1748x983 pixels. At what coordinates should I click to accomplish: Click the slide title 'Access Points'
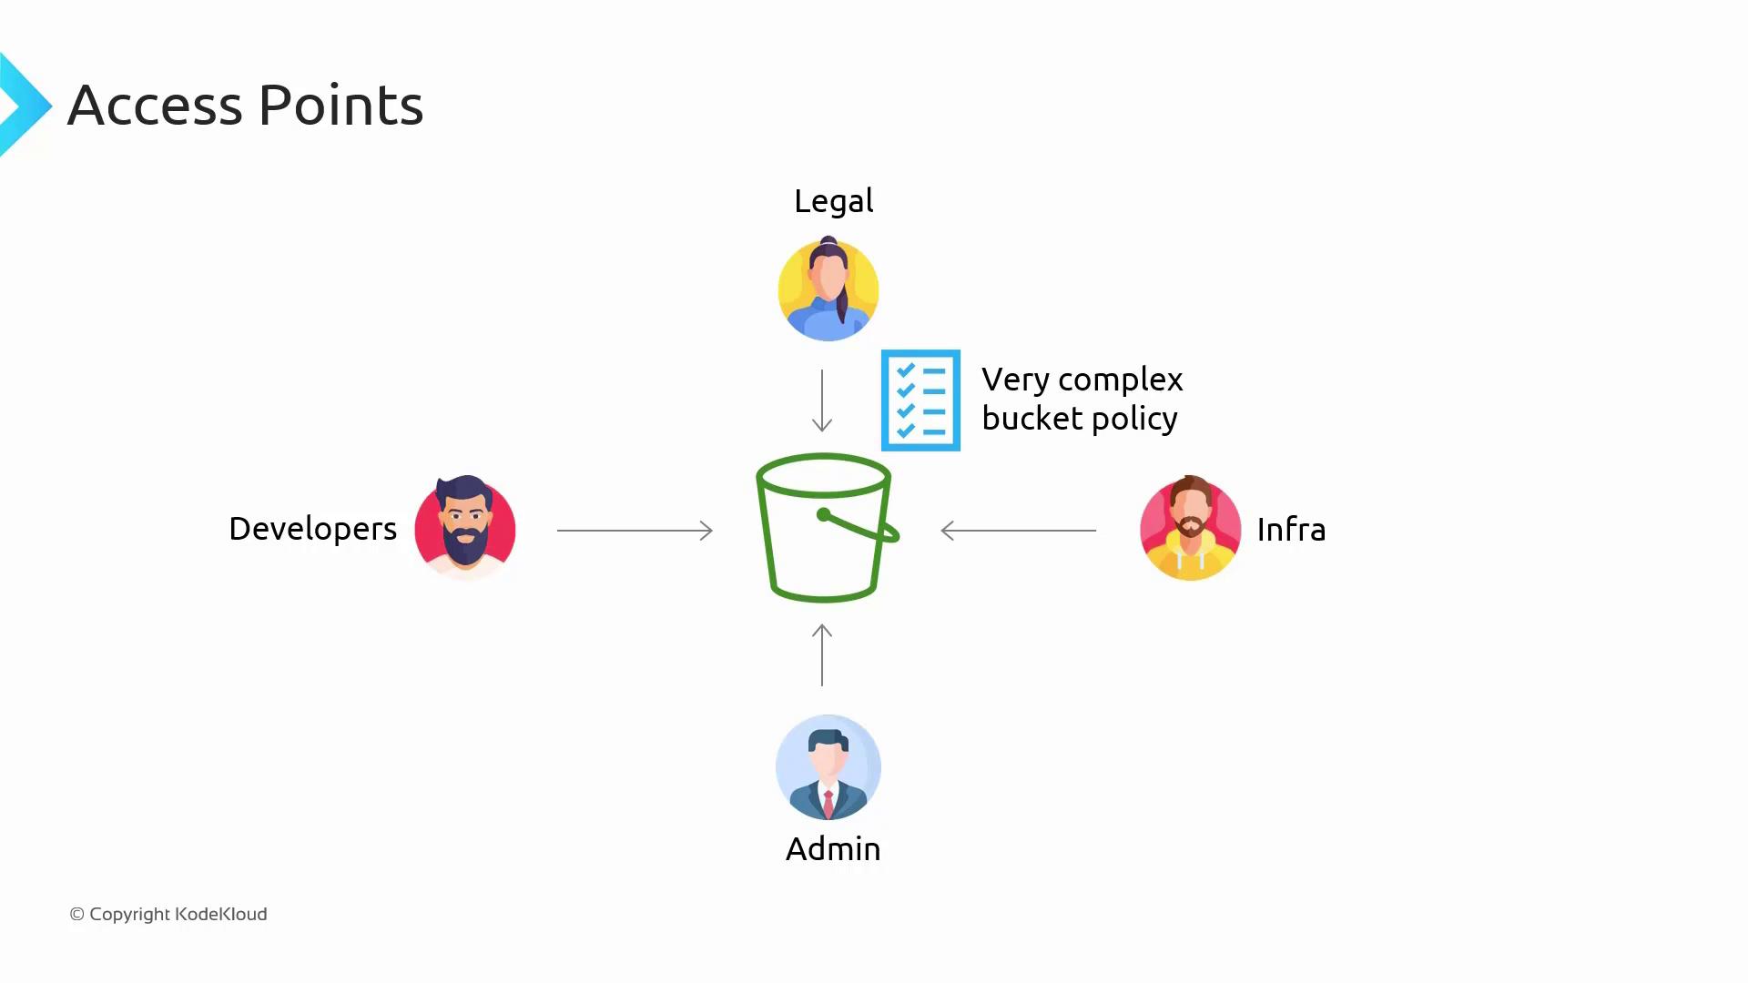pyautogui.click(x=246, y=106)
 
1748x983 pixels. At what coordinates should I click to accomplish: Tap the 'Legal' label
pyautogui.click(x=833, y=201)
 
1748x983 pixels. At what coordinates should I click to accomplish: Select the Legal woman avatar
pyautogui.click(x=828, y=289)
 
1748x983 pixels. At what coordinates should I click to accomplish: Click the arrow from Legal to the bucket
pyautogui.click(x=822, y=400)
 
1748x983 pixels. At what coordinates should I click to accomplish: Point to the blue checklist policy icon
pyautogui.click(x=920, y=400)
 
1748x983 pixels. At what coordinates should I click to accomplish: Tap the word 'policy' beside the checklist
pyautogui.click(x=1134, y=420)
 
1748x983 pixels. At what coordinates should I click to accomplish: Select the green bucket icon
pyautogui.click(x=827, y=528)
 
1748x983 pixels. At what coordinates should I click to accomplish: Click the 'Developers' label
pyautogui.click(x=312, y=530)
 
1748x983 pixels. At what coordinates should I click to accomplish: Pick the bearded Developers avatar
pyautogui.click(x=465, y=527)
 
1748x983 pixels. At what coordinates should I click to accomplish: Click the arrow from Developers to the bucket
pyautogui.click(x=635, y=530)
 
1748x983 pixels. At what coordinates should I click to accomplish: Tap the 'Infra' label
pyautogui.click(x=1291, y=530)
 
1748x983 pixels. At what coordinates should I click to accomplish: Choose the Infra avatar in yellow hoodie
pyautogui.click(x=1191, y=528)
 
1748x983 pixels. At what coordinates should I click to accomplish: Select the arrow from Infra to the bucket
pyautogui.click(x=1018, y=530)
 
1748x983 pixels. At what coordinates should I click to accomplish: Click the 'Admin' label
pyautogui.click(x=833, y=849)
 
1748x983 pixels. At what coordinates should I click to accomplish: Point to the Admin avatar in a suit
pyautogui.click(x=828, y=767)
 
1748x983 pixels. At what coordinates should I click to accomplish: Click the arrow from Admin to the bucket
pyautogui.click(x=822, y=654)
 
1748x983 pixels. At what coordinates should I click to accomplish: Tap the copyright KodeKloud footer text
pyautogui.click(x=168, y=914)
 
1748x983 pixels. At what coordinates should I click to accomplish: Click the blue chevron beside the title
pyautogui.click(x=25, y=105)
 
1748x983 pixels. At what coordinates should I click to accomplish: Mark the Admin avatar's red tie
pyautogui.click(x=828, y=804)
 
